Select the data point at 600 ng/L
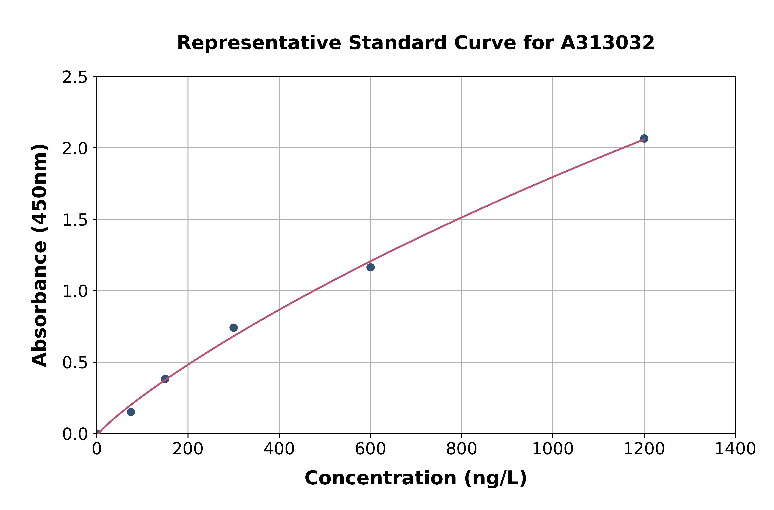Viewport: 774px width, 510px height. click(370, 267)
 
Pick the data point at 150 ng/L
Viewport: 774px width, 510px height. click(165, 379)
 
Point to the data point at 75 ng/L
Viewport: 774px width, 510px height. click(131, 412)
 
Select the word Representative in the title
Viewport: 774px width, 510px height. click(259, 43)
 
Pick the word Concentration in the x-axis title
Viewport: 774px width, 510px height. click(380, 478)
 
